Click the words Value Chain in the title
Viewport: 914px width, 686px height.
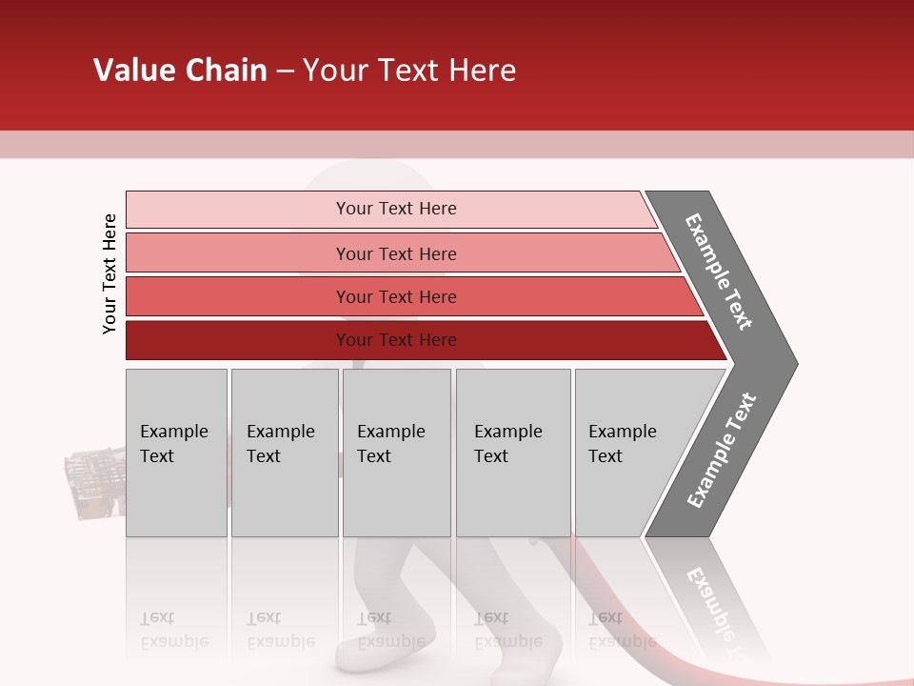(x=180, y=71)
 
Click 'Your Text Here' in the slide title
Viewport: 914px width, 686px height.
(x=409, y=71)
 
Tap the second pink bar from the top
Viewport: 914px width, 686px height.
(x=396, y=253)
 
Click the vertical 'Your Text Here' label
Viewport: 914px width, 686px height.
(x=109, y=273)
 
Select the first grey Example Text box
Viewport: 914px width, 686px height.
(x=176, y=453)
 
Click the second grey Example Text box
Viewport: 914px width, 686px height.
(x=284, y=453)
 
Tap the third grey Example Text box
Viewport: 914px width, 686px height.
(x=396, y=453)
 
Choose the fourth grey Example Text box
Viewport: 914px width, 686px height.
(x=512, y=453)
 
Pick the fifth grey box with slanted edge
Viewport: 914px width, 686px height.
(x=628, y=453)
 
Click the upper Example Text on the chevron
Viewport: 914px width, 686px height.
(x=719, y=272)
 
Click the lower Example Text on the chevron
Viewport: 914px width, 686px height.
(x=721, y=450)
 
